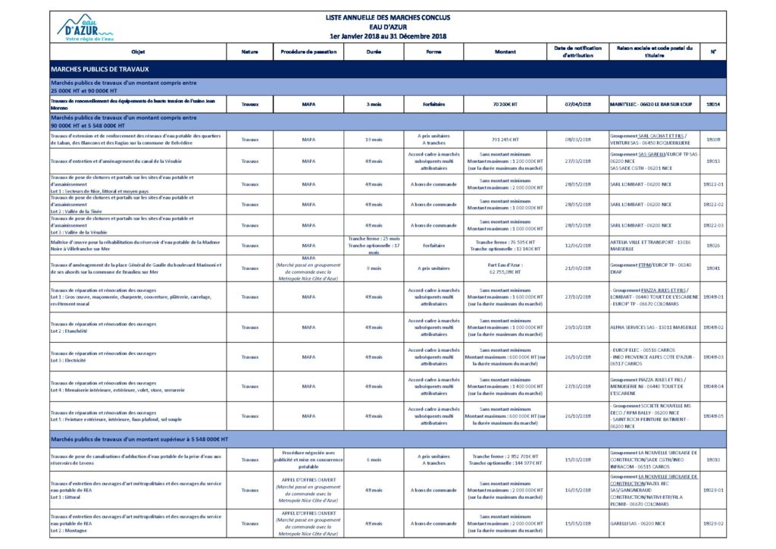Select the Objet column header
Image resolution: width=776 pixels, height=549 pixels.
point(137,51)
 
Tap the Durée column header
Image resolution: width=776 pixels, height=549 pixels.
point(374,51)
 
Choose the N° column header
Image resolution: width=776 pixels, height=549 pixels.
point(713,51)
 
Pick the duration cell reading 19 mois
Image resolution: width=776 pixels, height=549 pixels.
point(374,140)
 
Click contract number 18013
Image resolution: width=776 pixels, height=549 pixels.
point(713,161)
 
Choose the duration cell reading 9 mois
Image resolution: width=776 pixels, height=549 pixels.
point(374,268)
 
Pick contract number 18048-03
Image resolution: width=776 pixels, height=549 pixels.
point(713,356)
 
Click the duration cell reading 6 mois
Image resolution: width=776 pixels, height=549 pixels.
point(374,460)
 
